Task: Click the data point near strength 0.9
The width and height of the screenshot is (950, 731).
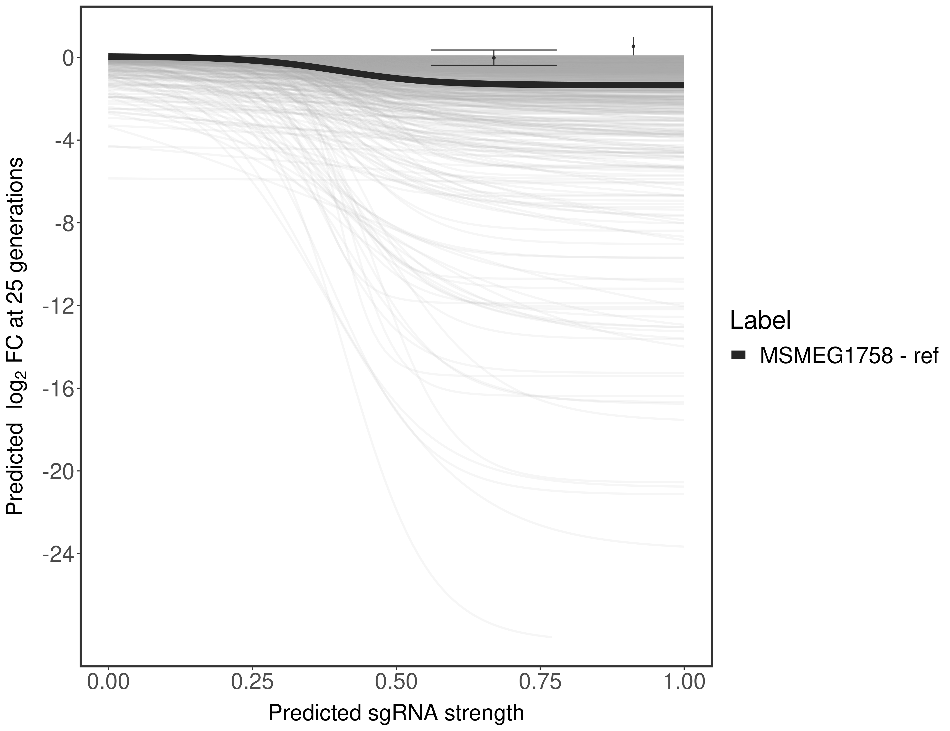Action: point(633,46)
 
